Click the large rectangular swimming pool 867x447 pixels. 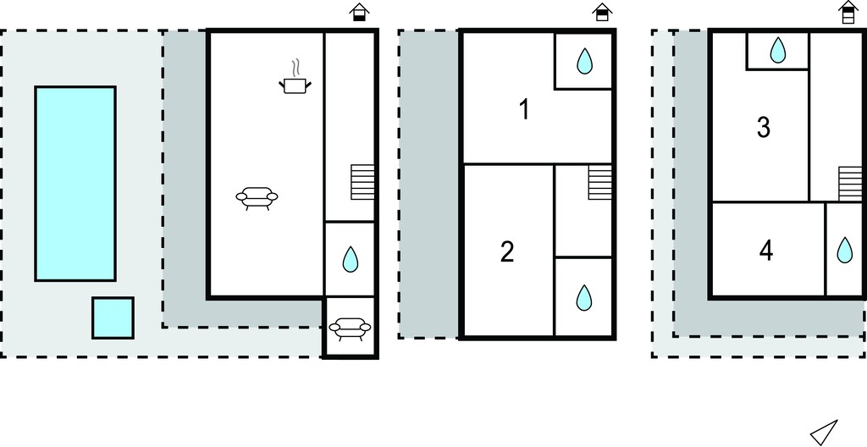[x=75, y=183]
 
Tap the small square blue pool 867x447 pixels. [x=113, y=317]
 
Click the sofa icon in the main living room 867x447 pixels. [x=257, y=198]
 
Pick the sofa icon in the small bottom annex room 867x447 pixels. [x=350, y=328]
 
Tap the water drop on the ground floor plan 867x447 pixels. [x=350, y=259]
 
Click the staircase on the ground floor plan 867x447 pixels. [x=362, y=182]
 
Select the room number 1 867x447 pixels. [x=524, y=109]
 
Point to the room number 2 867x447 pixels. [x=507, y=252]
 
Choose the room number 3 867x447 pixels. [x=763, y=128]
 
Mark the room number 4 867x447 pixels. [x=765, y=251]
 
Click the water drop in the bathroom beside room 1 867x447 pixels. [x=584, y=61]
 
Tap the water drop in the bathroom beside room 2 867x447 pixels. [x=584, y=298]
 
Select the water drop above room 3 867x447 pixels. [x=778, y=50]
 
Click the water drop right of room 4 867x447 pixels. [x=845, y=250]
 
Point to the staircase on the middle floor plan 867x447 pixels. [x=600, y=182]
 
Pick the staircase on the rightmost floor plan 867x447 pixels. [x=850, y=183]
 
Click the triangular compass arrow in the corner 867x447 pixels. [x=824, y=431]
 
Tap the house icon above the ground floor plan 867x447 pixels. [x=359, y=12]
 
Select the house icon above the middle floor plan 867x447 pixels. [x=602, y=12]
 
